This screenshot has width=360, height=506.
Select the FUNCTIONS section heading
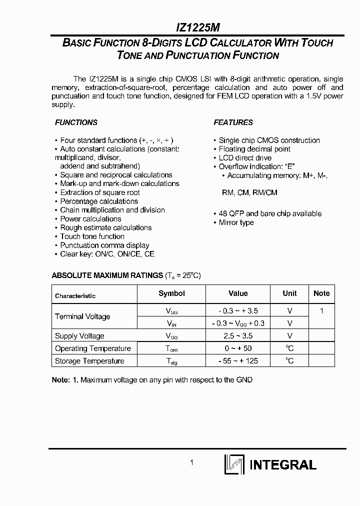tap(76, 122)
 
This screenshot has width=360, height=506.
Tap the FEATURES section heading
tap(233, 122)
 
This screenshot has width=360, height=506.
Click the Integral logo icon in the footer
tap(234, 464)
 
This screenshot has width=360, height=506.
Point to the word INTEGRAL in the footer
tap(282, 465)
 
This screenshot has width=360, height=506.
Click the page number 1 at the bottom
tap(191, 463)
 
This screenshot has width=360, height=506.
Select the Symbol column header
tap(171, 293)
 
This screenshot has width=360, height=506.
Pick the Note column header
tap(321, 293)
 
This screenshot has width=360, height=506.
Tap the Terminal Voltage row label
tap(82, 316)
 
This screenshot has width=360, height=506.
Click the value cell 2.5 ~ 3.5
tap(238, 336)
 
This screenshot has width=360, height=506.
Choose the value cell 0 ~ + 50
tap(238, 348)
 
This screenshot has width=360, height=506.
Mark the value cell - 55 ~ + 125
tap(238, 361)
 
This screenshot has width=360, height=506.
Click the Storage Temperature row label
tap(89, 361)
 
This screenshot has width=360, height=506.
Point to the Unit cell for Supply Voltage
tap(289, 336)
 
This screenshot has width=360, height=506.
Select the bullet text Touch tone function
tap(92, 236)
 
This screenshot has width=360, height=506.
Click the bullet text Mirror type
tap(236, 222)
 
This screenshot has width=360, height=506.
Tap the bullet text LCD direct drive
tap(245, 158)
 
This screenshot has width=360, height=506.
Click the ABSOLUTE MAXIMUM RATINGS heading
tap(107, 275)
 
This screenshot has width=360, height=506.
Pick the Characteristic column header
tap(75, 296)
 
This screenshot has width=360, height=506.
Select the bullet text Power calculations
tap(90, 219)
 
